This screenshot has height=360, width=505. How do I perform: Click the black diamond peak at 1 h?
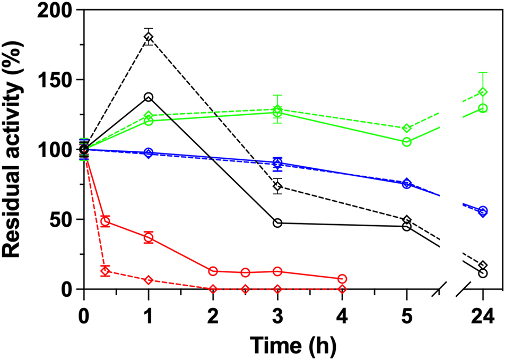click(149, 37)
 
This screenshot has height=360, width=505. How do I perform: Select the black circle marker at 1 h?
click(149, 97)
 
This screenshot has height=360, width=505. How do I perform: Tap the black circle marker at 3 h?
click(277, 223)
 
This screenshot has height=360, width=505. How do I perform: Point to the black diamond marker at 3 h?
click(277, 186)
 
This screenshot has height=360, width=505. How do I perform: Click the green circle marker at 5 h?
click(407, 142)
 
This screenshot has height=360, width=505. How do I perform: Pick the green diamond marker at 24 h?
click(483, 92)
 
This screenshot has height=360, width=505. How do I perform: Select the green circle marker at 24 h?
click(483, 108)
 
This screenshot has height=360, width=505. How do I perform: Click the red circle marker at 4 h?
click(342, 279)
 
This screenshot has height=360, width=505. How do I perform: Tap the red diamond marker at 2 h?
click(213, 289)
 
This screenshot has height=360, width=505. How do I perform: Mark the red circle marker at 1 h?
click(149, 237)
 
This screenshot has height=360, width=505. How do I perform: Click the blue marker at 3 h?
click(277, 163)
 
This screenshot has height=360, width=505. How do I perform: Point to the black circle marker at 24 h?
click(483, 273)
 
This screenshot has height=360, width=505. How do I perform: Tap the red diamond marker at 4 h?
click(342, 289)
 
